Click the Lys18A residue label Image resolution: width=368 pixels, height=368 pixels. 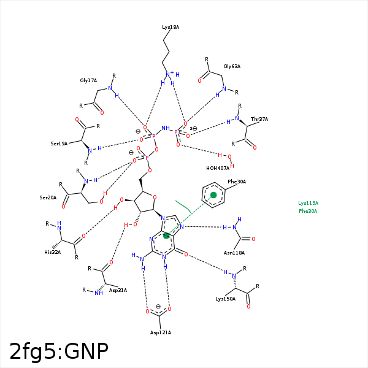(171, 28)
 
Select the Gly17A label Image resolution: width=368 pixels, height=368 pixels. (88, 80)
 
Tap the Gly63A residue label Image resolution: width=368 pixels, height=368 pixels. (232, 66)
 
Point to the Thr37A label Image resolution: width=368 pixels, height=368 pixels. (259, 119)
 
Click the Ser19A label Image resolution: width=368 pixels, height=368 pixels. (59, 144)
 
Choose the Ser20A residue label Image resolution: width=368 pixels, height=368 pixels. (48, 197)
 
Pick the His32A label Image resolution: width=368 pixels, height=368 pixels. (53, 251)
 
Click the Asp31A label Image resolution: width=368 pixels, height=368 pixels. (118, 290)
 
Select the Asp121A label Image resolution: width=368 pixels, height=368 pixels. (161, 332)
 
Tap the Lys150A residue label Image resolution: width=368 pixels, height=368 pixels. (225, 299)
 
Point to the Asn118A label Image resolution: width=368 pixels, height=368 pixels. (234, 253)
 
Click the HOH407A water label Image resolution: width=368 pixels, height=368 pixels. (218, 168)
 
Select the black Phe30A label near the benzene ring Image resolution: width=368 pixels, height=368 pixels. (237, 182)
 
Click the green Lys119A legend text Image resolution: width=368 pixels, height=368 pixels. (309, 203)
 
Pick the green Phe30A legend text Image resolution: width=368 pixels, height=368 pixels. (309, 211)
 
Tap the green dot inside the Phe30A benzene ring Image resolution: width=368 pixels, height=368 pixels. (213, 195)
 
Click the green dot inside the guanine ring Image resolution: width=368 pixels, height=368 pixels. (166, 236)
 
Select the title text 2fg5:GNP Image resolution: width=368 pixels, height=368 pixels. (59, 351)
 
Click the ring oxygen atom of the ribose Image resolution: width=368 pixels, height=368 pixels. (155, 197)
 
